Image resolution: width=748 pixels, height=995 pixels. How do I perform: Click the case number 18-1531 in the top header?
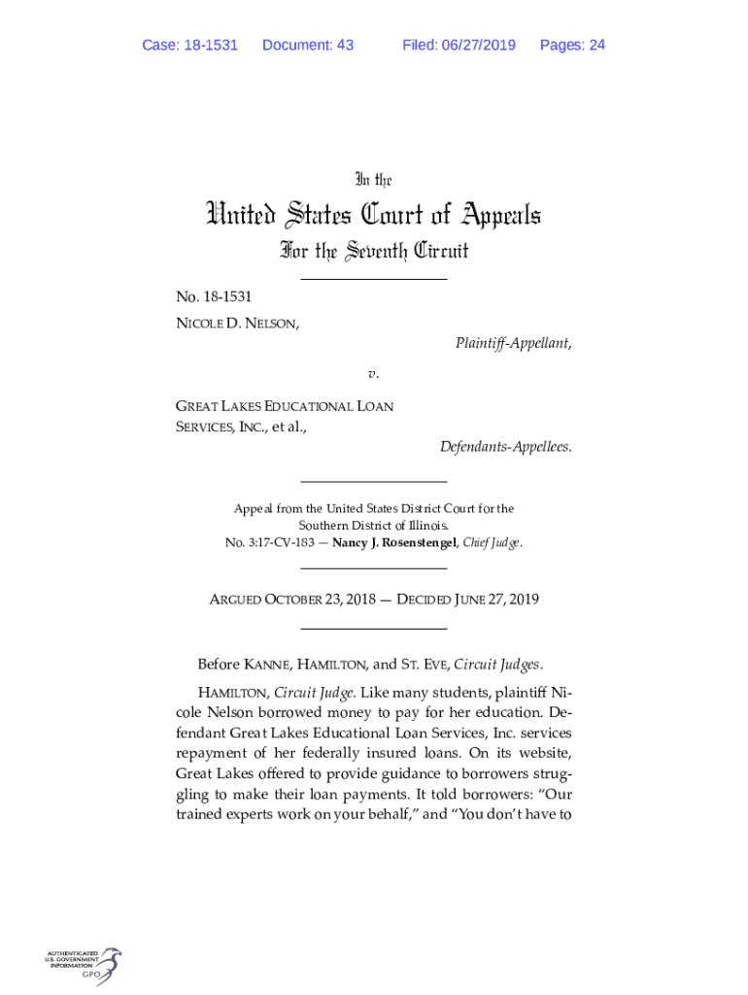point(208,45)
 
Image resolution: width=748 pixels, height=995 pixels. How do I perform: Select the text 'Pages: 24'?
point(572,45)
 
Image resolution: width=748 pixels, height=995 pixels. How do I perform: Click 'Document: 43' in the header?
point(308,45)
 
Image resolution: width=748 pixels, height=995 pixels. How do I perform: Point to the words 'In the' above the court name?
point(373,180)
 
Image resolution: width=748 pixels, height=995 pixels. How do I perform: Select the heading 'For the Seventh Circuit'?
point(374,252)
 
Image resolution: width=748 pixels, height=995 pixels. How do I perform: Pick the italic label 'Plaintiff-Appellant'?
point(512,343)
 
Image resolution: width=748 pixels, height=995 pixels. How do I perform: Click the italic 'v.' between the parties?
point(373,373)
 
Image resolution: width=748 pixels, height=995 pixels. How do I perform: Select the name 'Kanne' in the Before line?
point(267,666)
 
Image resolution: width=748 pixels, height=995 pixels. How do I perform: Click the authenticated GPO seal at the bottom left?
point(84,966)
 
